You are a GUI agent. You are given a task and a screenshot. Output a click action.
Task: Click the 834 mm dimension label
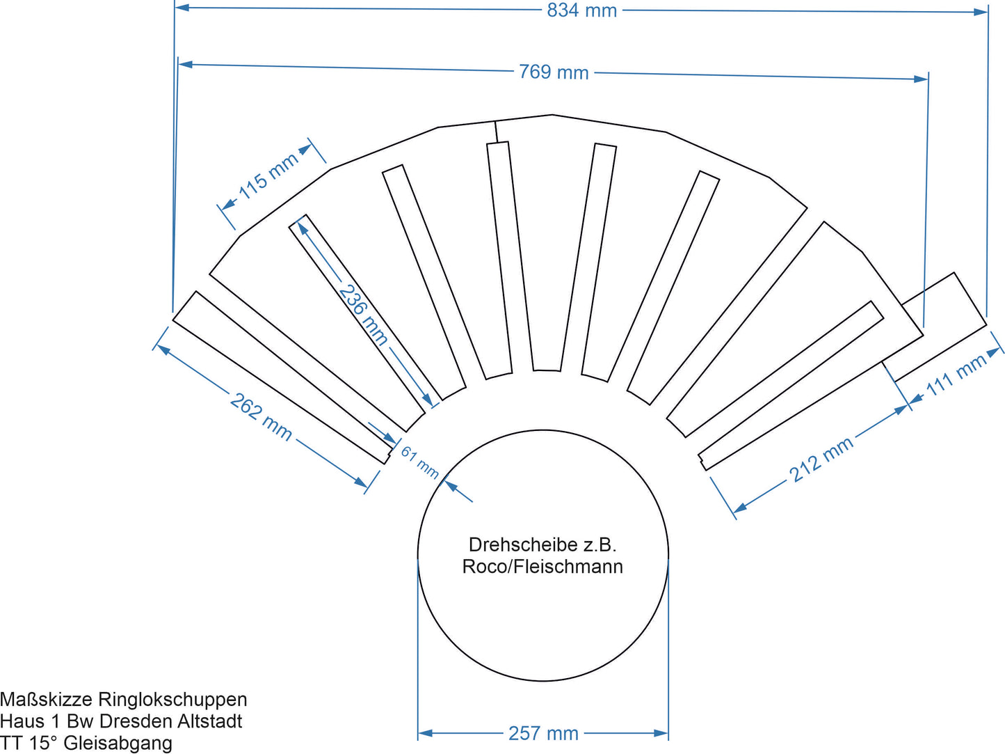[x=581, y=10]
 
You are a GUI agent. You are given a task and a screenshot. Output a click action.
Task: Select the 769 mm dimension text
[x=554, y=72]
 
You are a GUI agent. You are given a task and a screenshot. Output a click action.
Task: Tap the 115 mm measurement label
[x=268, y=175]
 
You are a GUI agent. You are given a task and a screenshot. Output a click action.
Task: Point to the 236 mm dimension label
[x=363, y=314]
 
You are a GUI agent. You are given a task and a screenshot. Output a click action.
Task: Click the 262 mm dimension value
[x=261, y=416]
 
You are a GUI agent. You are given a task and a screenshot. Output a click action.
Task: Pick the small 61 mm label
[x=420, y=462]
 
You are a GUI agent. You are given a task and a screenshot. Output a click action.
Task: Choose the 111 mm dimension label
[x=957, y=375]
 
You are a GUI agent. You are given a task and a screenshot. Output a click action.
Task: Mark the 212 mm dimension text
[x=821, y=460]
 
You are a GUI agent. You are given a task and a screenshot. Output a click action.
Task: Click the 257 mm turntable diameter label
[x=543, y=733]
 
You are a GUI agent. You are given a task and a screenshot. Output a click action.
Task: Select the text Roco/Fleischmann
[x=542, y=567]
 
